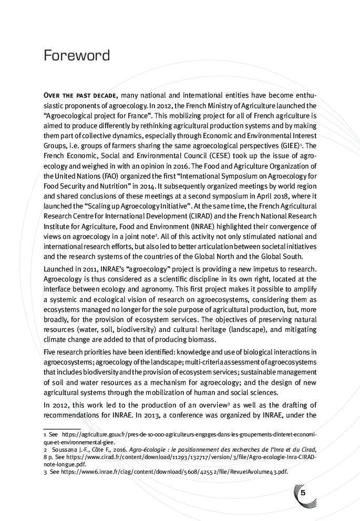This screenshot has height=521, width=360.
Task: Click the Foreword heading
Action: click(x=77, y=56)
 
